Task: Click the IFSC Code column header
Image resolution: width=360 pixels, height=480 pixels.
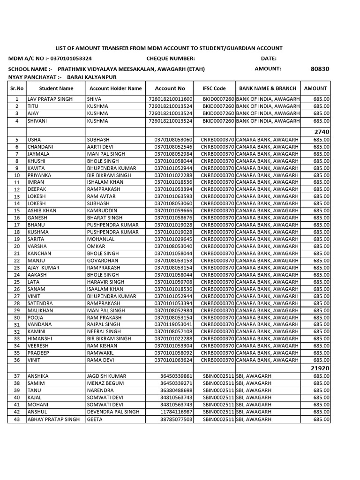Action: coord(214,88)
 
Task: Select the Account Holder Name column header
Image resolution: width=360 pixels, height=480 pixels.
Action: coord(115,88)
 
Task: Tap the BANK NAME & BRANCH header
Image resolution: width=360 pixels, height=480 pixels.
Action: coord(267,88)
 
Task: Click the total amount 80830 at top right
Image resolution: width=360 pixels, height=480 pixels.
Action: coord(320,69)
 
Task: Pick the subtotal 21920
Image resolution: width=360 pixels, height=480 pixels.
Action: coord(320,368)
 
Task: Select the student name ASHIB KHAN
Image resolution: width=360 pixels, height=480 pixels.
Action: coord(42,211)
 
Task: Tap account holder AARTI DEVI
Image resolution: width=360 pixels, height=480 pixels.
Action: coord(100,147)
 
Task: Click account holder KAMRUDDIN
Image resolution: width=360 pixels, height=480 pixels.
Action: coord(102,211)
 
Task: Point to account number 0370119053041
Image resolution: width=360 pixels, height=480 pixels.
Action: coord(173,324)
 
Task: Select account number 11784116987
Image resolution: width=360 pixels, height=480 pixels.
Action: coord(176,412)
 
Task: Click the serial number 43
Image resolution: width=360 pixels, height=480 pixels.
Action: coord(17,420)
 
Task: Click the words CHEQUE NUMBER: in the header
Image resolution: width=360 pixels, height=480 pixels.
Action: coord(171,59)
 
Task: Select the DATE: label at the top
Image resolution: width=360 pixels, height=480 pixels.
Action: coord(269,59)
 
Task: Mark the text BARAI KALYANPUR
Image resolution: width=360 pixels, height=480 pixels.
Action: coord(91,77)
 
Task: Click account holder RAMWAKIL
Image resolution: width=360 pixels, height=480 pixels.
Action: coord(100,353)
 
